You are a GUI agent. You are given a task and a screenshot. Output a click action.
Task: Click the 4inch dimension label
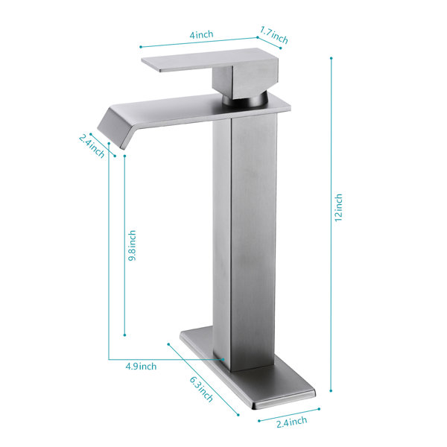coord(202,35)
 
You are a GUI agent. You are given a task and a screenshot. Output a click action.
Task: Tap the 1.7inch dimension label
coord(274,35)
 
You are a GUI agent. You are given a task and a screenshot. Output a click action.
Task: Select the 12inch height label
coord(338,208)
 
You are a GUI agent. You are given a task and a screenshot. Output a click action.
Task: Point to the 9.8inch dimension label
coord(132,245)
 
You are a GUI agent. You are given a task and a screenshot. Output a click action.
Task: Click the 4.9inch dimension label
coord(141,367)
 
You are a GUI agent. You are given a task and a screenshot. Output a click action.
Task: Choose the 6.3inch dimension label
coord(201,389)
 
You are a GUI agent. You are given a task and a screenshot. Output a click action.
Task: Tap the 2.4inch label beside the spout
coord(92,146)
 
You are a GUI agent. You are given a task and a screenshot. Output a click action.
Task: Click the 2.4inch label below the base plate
coord(291,422)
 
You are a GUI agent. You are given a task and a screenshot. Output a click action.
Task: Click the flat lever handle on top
coord(200,60)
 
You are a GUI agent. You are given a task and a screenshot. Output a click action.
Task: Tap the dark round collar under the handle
coord(245,100)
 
